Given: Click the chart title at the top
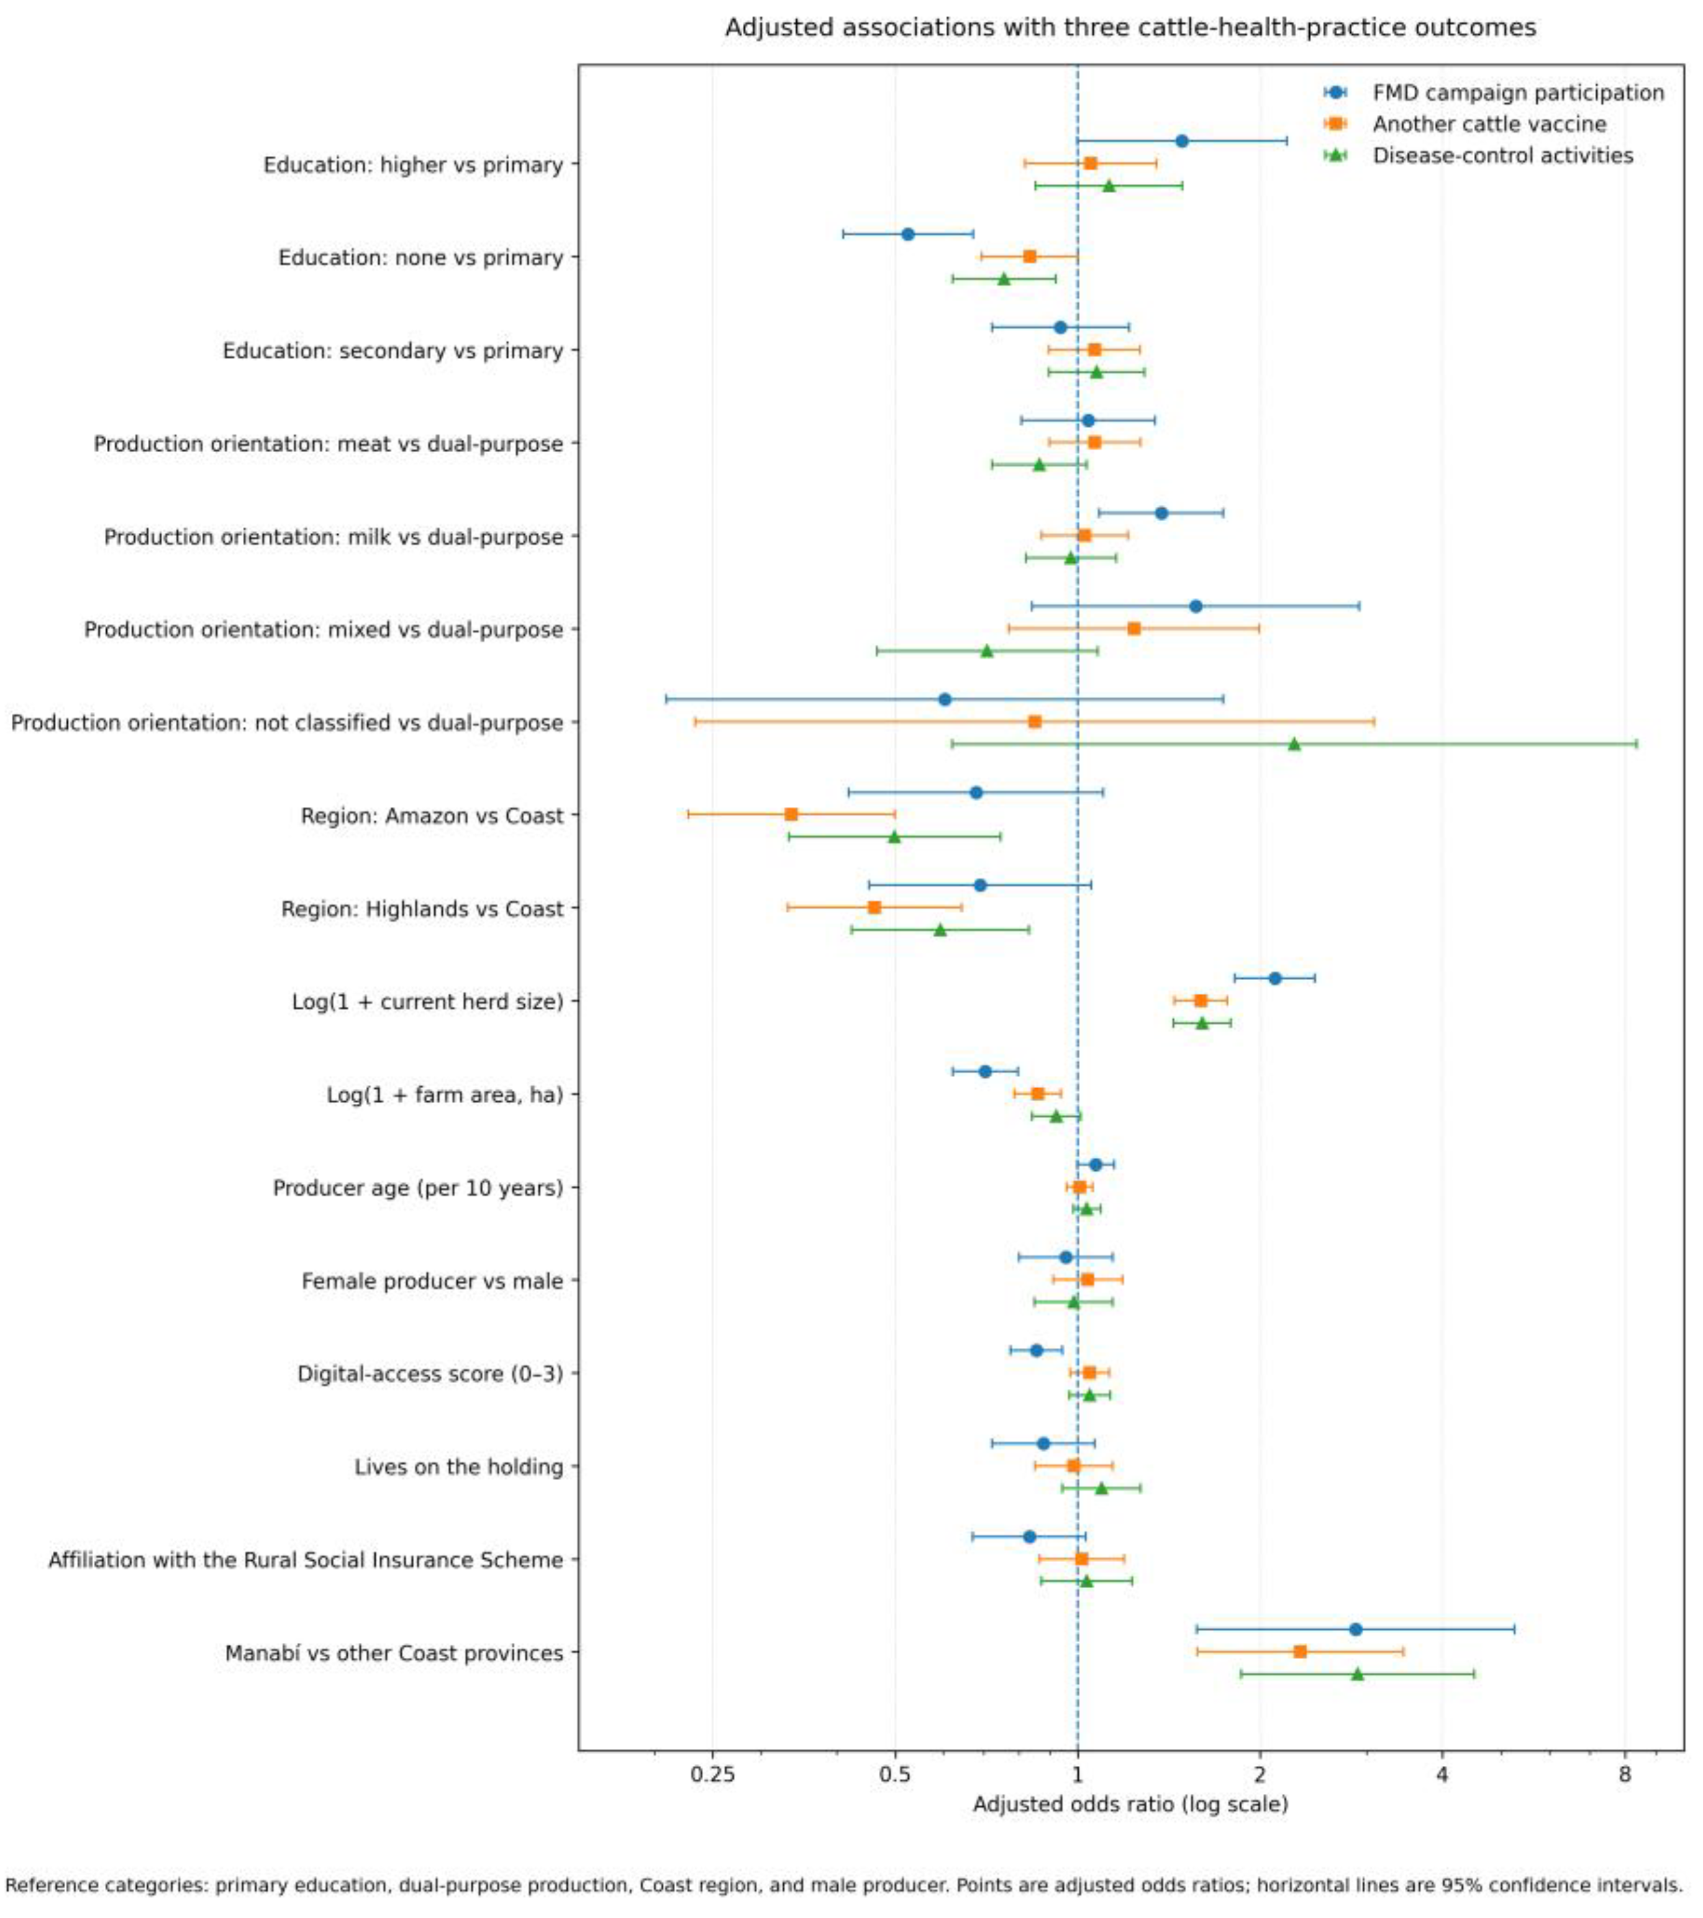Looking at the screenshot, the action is pos(1130,28).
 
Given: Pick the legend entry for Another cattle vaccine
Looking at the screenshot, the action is pos(1464,123).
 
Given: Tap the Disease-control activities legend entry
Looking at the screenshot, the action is pos(1478,154).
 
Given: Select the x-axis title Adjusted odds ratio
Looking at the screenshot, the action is pos(1130,1804).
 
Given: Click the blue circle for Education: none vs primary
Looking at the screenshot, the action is pos(907,234).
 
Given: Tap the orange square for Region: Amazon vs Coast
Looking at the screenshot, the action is pos(791,814).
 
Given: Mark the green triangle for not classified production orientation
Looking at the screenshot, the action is pos(1294,743).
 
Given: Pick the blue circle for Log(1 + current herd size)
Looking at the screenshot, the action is pos(1274,978).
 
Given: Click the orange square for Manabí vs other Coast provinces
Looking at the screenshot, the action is pos(1299,1650).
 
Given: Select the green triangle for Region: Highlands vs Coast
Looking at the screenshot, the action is pos(939,929).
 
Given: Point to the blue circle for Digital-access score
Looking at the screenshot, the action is pos(1036,1349).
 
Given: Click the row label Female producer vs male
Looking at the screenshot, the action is pos(432,1280).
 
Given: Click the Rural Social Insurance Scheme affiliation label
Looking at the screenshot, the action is pos(306,1558).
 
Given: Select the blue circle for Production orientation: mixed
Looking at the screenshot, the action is pos(1196,606).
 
